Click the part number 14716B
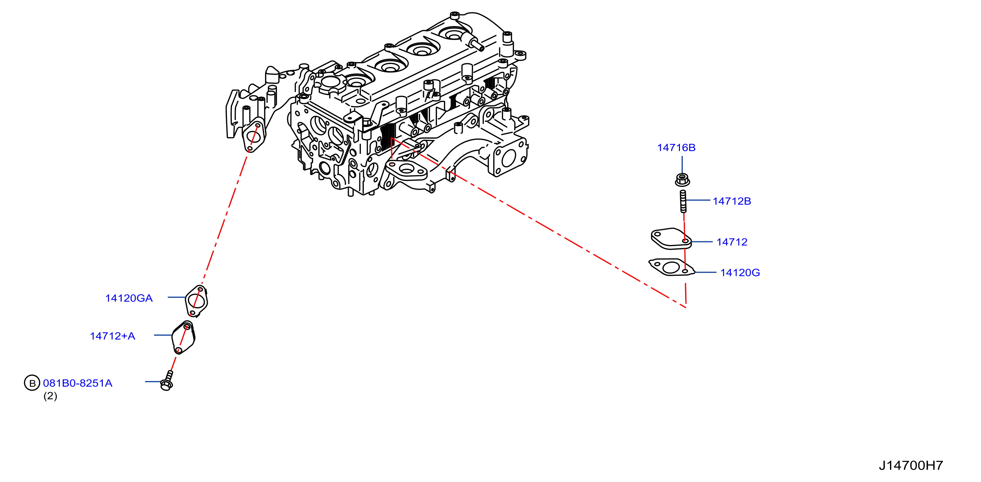coord(676,147)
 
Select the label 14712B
coord(732,201)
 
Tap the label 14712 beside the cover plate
coord(732,242)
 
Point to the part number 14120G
coord(740,273)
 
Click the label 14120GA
coord(129,298)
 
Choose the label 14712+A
coord(113,336)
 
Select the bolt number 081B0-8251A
coord(78,383)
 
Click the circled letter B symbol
coord(32,383)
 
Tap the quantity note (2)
coord(50,396)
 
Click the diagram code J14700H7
coord(910,465)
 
